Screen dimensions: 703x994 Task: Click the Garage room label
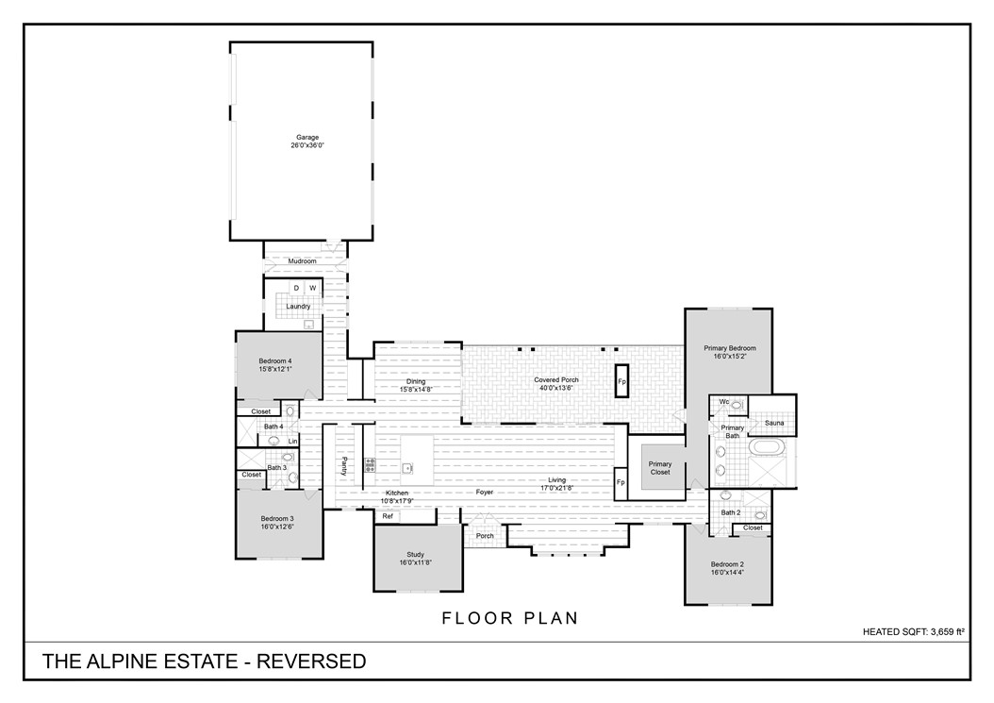click(x=306, y=138)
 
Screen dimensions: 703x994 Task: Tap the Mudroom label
click(x=302, y=260)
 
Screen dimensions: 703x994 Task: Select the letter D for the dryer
click(x=295, y=288)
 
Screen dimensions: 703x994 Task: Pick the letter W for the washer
click(x=312, y=288)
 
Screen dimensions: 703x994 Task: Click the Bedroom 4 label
click(x=275, y=360)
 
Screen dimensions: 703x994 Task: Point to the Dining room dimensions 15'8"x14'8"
click(x=416, y=389)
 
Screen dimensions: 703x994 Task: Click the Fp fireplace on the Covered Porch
click(x=621, y=382)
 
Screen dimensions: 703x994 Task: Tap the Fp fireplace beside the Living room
click(x=621, y=482)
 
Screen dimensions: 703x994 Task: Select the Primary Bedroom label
click(x=729, y=348)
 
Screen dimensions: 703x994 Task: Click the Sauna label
click(x=774, y=423)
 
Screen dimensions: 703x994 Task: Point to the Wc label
click(x=723, y=403)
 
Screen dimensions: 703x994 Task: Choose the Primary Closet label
click(x=660, y=468)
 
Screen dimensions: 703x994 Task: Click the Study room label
click(x=417, y=555)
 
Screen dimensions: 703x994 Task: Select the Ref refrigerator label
click(x=388, y=516)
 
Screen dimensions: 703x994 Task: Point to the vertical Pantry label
click(x=345, y=466)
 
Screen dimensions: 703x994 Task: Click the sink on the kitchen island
click(x=407, y=467)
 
